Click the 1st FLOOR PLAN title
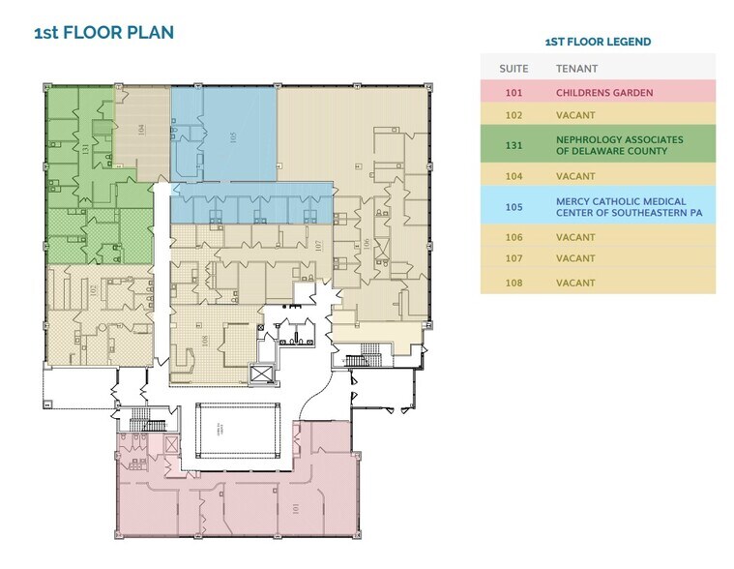tap(103, 33)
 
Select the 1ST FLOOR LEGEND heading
tap(598, 42)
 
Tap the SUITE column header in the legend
tap(513, 69)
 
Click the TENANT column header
tap(576, 69)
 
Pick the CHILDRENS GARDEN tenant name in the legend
tap(604, 93)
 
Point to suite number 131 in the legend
tap(513, 146)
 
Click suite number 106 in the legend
tap(513, 237)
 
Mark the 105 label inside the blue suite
tap(233, 138)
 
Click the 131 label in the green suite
tap(86, 150)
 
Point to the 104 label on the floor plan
tap(141, 129)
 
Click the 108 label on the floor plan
tap(205, 341)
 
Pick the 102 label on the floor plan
tap(93, 290)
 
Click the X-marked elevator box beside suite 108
tap(260, 374)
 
